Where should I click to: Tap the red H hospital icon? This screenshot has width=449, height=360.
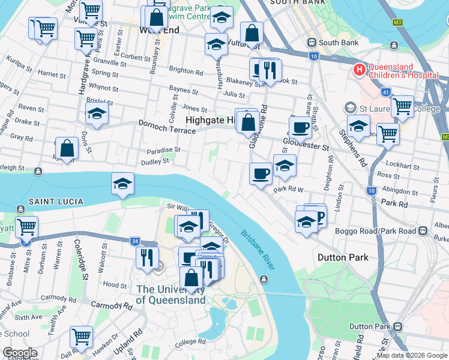click(x=359, y=70)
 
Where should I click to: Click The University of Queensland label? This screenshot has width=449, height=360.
click(x=170, y=295)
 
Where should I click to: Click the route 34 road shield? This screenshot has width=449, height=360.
click(x=134, y=241)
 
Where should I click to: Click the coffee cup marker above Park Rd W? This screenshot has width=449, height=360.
click(x=261, y=173)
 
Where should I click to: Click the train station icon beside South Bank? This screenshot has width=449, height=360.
click(x=312, y=43)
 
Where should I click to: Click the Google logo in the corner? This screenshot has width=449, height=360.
click(x=20, y=353)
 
